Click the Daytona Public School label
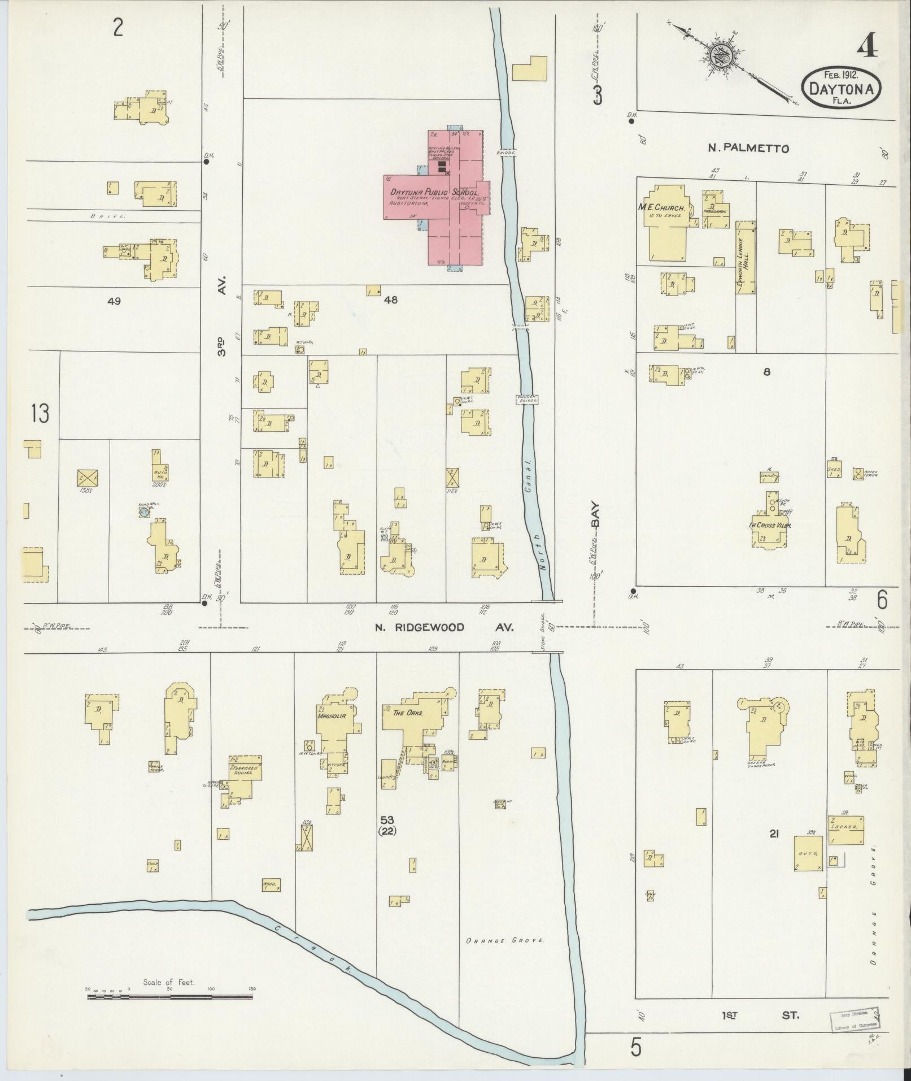(434, 193)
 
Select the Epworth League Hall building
(746, 257)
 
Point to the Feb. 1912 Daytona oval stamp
(842, 87)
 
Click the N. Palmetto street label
(748, 149)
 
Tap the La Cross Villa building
(769, 525)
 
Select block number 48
(390, 300)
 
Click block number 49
(114, 301)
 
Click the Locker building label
(845, 826)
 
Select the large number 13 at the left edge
(40, 414)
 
